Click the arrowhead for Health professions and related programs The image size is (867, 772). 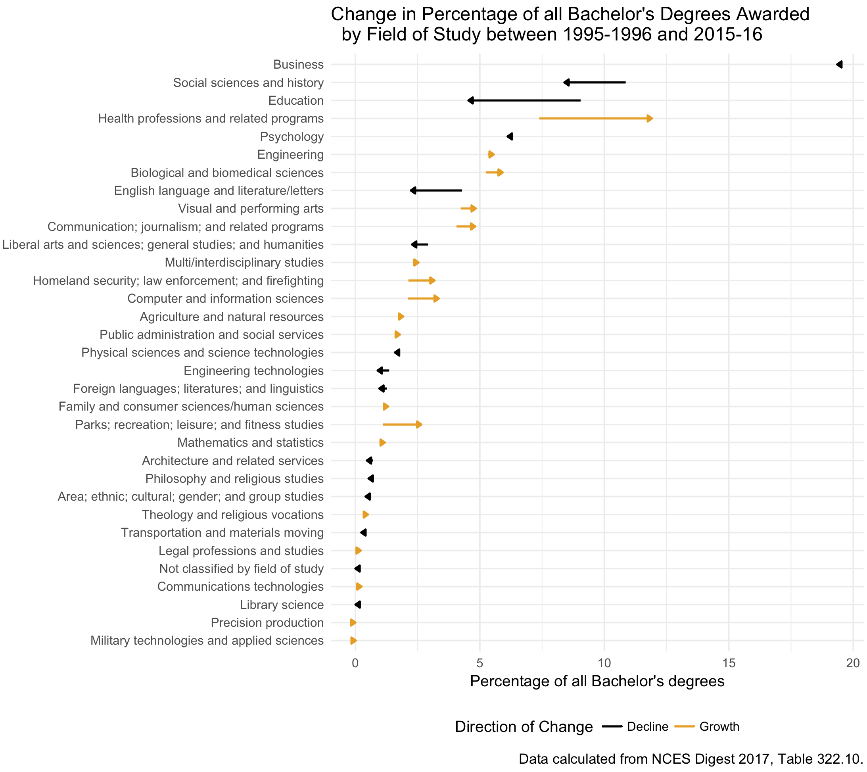pyautogui.click(x=649, y=119)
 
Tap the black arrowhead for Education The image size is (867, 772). pyautogui.click(x=470, y=100)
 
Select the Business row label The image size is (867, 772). pyautogui.click(x=298, y=65)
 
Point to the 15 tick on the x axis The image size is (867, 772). pyautogui.click(x=728, y=663)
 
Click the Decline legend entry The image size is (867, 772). pyautogui.click(x=647, y=727)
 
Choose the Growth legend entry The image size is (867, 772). pyautogui.click(x=719, y=727)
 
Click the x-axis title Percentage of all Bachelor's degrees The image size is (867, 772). pyautogui.click(x=597, y=681)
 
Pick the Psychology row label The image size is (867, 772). pyautogui.click(x=292, y=136)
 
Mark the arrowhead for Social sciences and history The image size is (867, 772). pyautogui.click(x=566, y=83)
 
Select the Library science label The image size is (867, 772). pyautogui.click(x=282, y=605)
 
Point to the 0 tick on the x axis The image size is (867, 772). pyautogui.click(x=355, y=663)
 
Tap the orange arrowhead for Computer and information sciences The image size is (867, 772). pyautogui.click(x=436, y=299)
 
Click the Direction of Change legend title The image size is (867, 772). pyautogui.click(x=524, y=727)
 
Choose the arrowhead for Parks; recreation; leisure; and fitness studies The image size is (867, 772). pyautogui.click(x=419, y=424)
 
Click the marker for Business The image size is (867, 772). pyautogui.click(x=839, y=65)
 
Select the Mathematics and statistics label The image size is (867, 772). pyautogui.click(x=250, y=442)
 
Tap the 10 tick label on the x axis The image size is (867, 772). pyautogui.click(x=604, y=663)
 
